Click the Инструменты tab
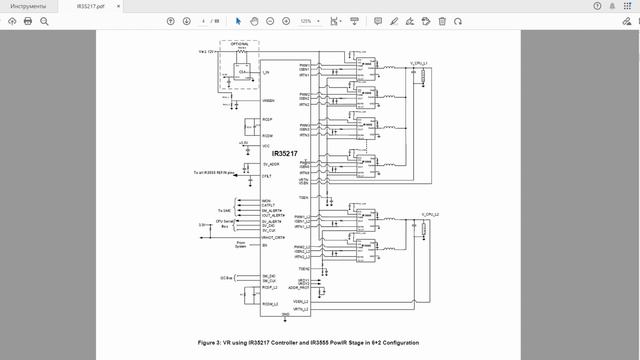(x=28, y=6)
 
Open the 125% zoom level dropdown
(x=308, y=20)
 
